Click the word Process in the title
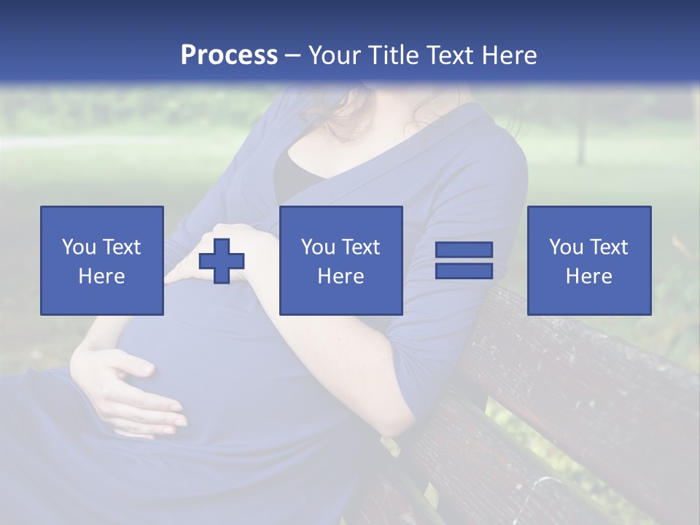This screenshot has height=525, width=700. (x=229, y=55)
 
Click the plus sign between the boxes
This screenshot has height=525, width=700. (x=222, y=261)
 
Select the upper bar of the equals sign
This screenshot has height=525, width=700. (x=464, y=249)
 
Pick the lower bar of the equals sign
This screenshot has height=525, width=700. (x=464, y=271)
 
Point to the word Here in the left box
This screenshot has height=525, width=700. (x=101, y=276)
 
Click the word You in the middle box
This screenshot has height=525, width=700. (x=318, y=247)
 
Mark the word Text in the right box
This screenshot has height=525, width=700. (x=609, y=247)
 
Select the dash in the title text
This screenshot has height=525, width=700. (x=292, y=55)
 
